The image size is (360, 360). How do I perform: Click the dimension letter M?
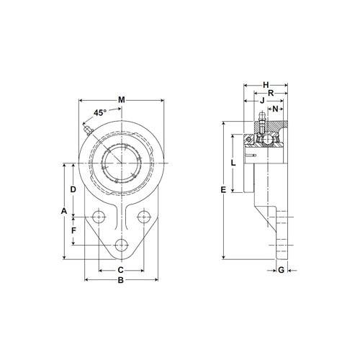pos(121,99)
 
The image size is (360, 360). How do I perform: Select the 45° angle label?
pos(100,113)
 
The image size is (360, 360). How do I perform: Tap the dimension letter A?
pos(63,211)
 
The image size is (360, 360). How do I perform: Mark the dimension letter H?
pos(266,84)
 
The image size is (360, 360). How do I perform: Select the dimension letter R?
pos(269,94)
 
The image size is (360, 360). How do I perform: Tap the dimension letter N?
pos(276,110)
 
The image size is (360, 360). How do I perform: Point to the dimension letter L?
pos(232,163)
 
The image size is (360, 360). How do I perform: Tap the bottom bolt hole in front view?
pos(120,245)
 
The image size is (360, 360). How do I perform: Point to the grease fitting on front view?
pos(87,130)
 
